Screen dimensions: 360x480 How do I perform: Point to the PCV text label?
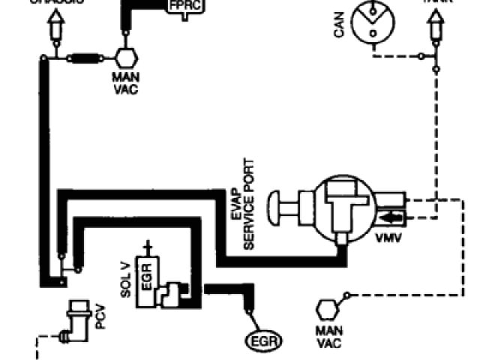tap(100, 319)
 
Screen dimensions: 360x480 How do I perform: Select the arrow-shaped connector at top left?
tap(53, 27)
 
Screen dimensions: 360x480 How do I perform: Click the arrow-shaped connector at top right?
tap(434, 27)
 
